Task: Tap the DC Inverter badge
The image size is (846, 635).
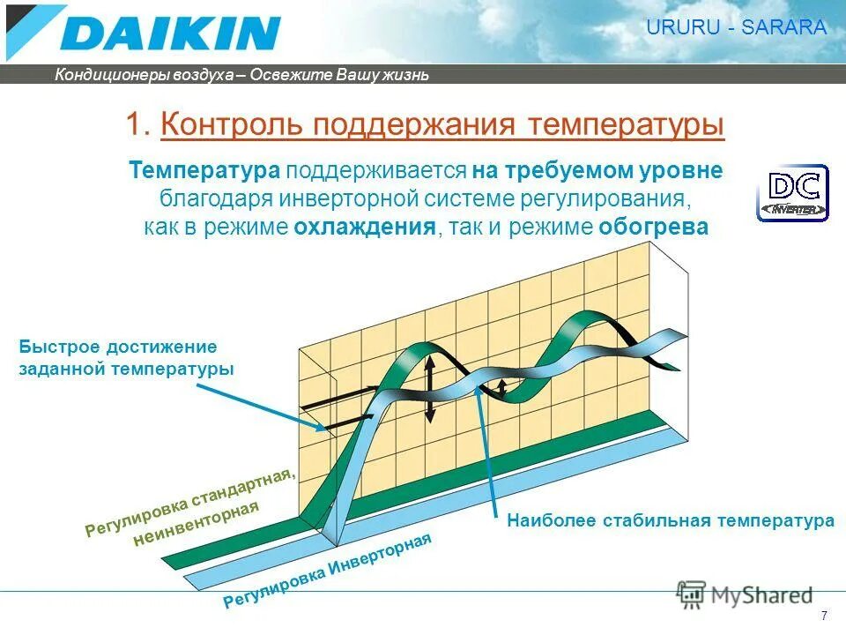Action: (792, 192)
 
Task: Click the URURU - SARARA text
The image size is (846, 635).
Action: (737, 27)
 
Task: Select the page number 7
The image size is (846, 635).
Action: (824, 616)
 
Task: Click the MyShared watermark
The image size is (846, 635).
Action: (745, 595)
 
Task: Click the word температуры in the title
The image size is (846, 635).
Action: (627, 125)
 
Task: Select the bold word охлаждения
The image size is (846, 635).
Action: (365, 227)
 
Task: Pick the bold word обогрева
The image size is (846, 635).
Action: (654, 227)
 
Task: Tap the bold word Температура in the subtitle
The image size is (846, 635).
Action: (204, 170)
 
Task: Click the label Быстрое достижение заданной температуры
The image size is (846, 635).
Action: (126, 358)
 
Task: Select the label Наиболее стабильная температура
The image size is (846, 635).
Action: (670, 521)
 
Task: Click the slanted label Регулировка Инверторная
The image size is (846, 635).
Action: (328, 572)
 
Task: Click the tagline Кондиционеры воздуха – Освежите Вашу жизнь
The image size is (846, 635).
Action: (241, 75)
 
